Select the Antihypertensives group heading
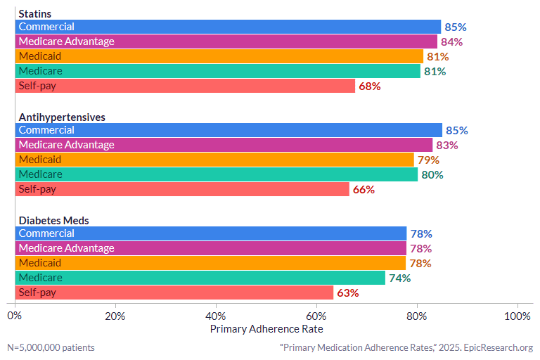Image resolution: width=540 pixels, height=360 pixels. tap(62, 117)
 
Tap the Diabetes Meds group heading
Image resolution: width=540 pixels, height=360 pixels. tap(53, 221)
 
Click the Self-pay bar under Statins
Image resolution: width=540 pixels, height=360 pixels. tap(185, 86)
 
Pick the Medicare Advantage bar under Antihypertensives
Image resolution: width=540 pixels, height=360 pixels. tap(224, 145)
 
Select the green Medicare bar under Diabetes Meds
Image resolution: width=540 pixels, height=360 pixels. tap(200, 278)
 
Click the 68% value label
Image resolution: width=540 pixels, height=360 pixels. tap(370, 86)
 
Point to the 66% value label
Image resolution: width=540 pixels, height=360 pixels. tap(364, 190)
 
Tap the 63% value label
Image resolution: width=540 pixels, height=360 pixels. tap(348, 293)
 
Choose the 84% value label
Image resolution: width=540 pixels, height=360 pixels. tap(452, 42)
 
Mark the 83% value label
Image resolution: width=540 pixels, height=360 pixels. tap(447, 146)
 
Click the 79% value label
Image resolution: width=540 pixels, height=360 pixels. tap(429, 160)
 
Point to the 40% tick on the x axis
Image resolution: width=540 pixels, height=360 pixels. tap(216, 316)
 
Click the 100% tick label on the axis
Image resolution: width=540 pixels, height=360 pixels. tap(518, 316)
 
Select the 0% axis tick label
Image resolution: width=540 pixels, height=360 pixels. tap(15, 316)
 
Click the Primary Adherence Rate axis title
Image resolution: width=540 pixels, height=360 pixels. tap(267, 328)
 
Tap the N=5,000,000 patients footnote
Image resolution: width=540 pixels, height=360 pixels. tap(51, 347)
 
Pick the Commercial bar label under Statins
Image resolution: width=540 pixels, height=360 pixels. tap(46, 27)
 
